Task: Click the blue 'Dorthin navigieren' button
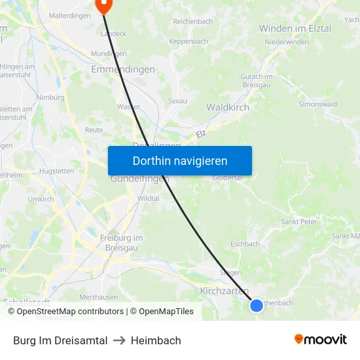tap(180, 160)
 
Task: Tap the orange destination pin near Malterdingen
tap(103, 5)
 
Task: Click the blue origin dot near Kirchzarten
tap(257, 305)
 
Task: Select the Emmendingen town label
tap(123, 69)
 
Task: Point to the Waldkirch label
tap(228, 107)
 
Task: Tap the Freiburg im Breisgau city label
tap(121, 243)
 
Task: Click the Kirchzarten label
tap(225, 291)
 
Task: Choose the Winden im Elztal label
tap(295, 29)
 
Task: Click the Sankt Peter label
tap(299, 222)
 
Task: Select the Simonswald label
tap(318, 104)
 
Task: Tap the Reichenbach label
tap(192, 22)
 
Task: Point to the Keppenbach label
tap(189, 41)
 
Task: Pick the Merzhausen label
tap(99, 297)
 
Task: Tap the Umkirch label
tap(41, 199)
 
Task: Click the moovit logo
tap(321, 339)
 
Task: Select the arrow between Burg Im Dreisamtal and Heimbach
tap(119, 340)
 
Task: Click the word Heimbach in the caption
tap(156, 340)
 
